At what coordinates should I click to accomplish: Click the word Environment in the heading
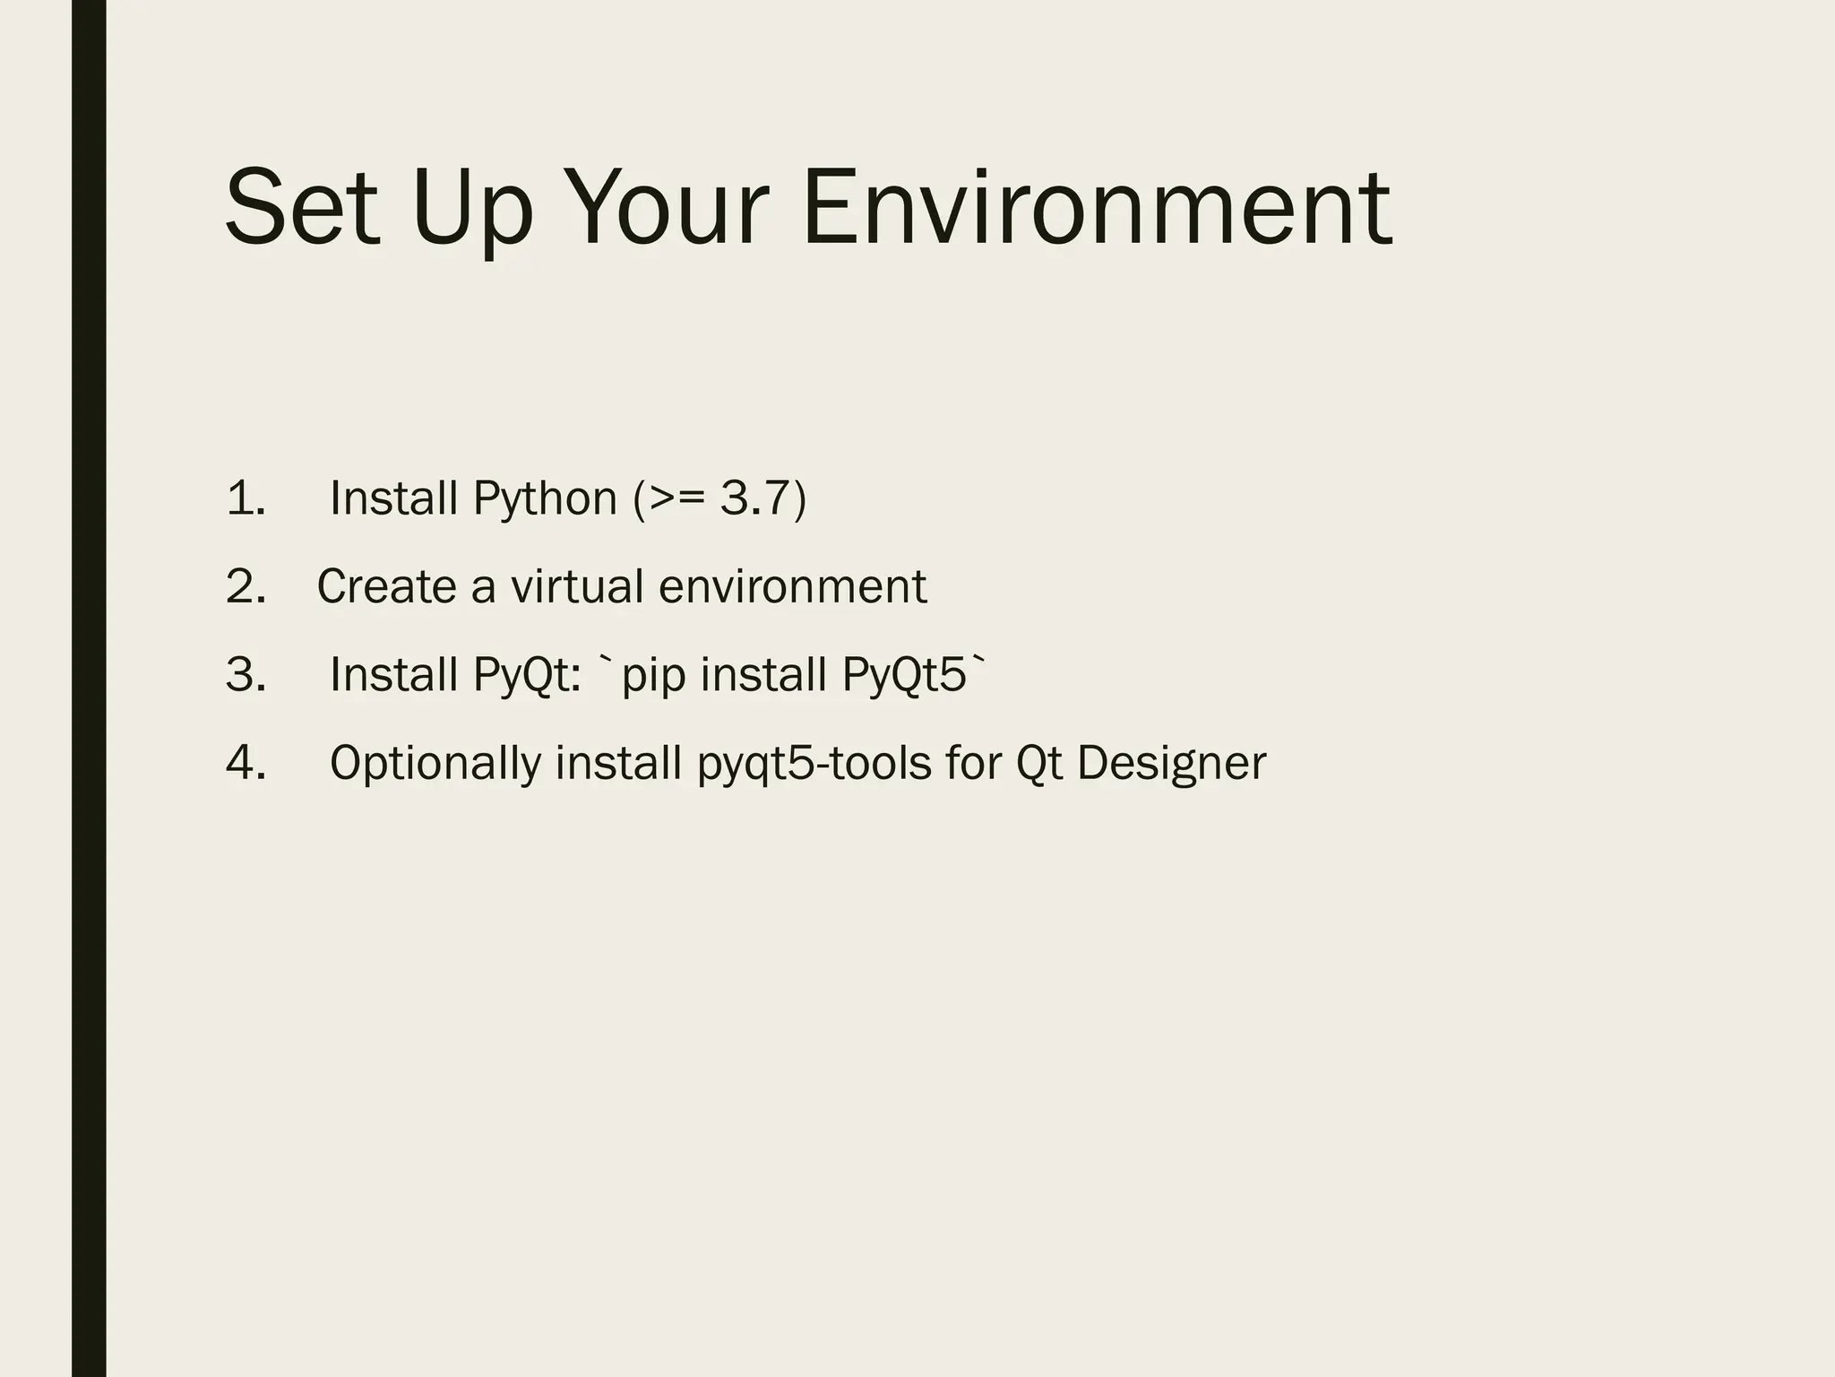(x=1096, y=208)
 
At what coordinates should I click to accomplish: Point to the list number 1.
(x=246, y=498)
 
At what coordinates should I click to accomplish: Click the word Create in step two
(x=386, y=587)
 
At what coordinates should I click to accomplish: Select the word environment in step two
(x=792, y=587)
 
